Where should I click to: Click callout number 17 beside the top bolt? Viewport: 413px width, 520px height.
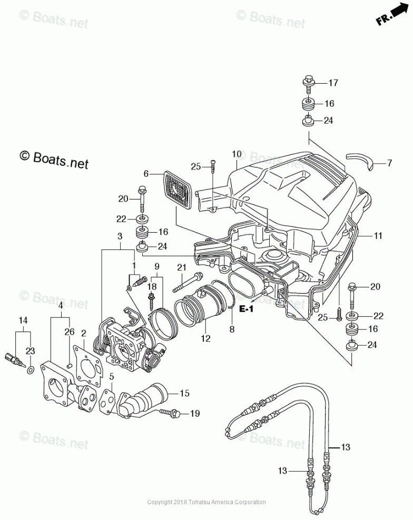coord(333,83)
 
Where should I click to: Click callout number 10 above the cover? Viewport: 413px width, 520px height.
coord(237,154)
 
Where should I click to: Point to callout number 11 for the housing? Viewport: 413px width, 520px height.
coord(378,236)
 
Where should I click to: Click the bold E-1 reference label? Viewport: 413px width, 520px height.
coord(247,309)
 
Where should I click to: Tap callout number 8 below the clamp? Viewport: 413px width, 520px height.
coord(232,329)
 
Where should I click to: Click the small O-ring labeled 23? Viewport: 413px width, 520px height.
coord(30,370)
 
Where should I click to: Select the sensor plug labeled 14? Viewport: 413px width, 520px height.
coord(15,360)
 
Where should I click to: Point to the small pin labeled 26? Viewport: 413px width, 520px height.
coord(70,365)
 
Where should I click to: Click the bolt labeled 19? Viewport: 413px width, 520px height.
coord(170,413)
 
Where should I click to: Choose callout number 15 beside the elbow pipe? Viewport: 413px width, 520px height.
coord(184,393)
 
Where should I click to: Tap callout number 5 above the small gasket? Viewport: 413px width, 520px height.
coord(112,377)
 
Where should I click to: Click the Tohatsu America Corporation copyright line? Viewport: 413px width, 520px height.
coord(206,502)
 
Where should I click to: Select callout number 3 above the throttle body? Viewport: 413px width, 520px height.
coord(120,236)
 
